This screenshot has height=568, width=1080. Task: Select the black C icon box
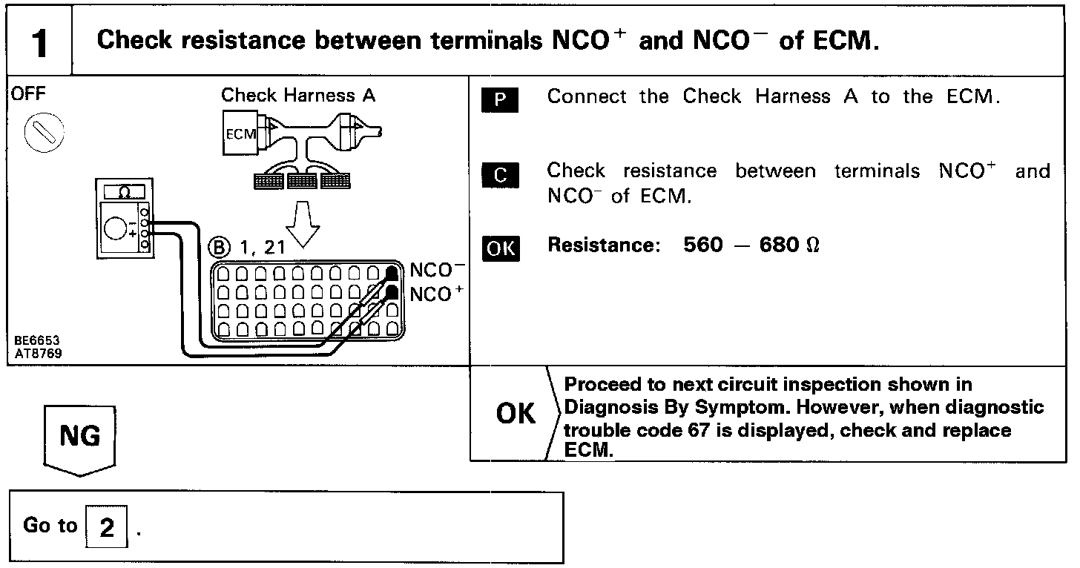pos(501,175)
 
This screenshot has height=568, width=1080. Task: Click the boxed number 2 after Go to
pos(108,528)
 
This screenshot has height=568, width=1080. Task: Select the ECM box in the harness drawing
pos(239,134)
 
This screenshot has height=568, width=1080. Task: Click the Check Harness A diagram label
pos(298,95)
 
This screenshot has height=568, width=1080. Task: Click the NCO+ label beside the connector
pos(436,294)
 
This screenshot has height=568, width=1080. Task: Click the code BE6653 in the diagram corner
pos(37,341)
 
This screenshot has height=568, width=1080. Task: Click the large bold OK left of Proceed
pos(516,414)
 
